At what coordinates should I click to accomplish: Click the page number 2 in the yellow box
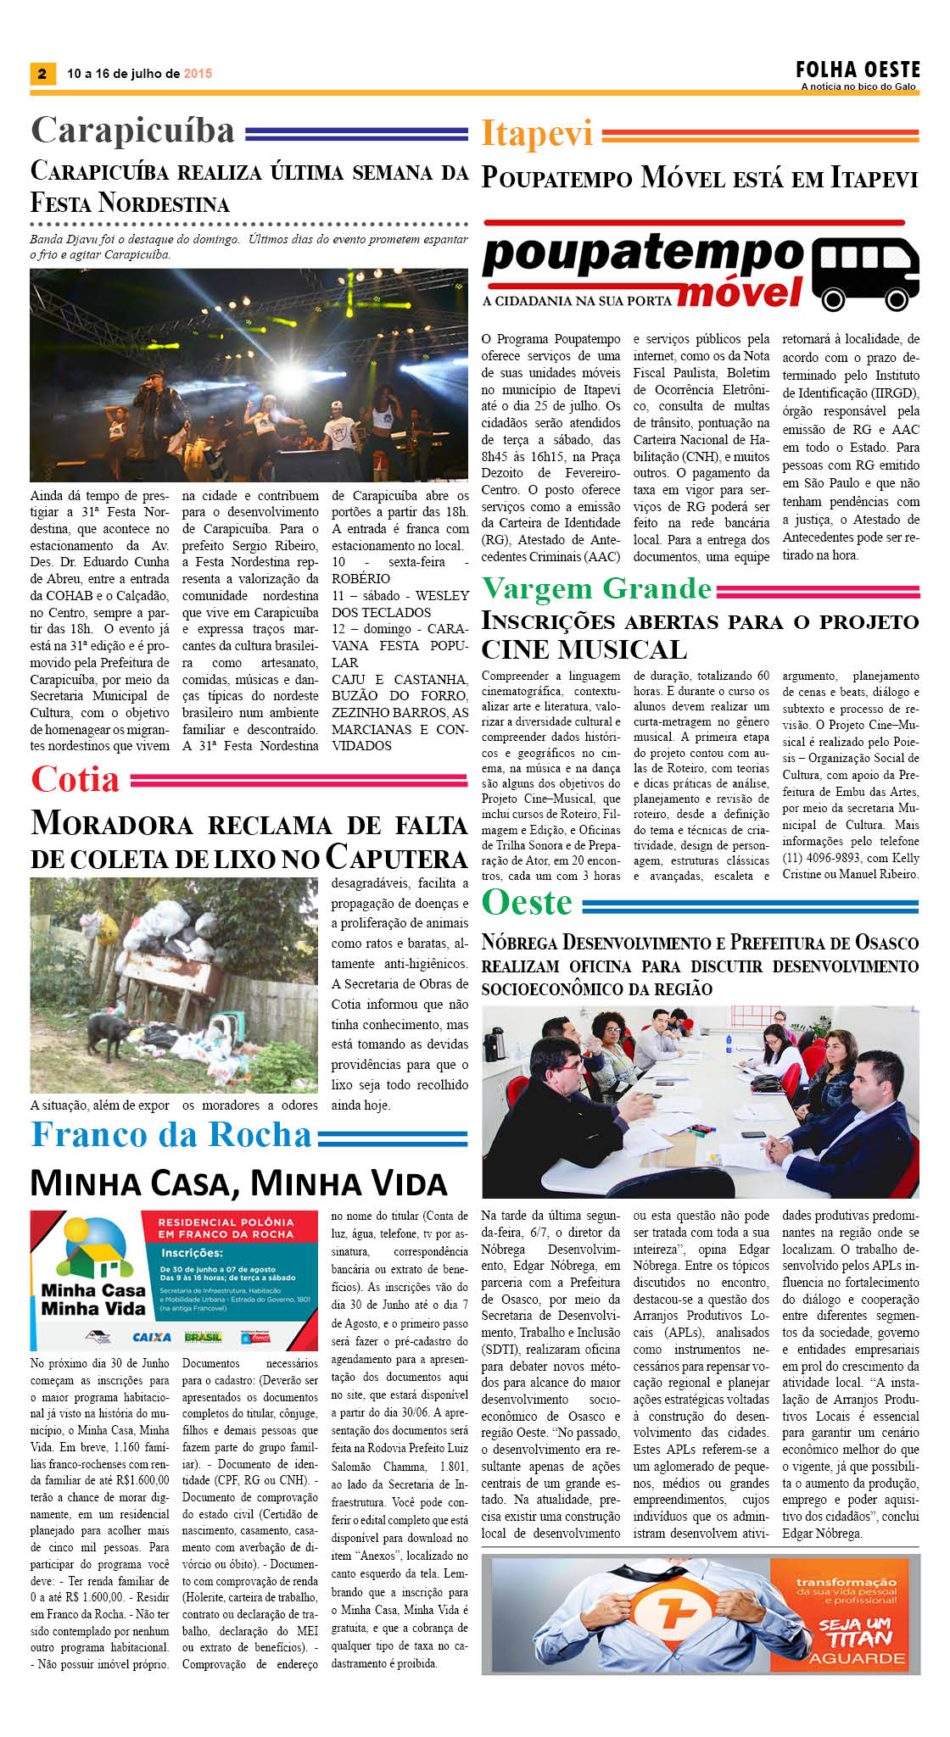(x=42, y=74)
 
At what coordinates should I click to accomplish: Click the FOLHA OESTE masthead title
(x=857, y=70)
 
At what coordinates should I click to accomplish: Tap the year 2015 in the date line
(x=198, y=74)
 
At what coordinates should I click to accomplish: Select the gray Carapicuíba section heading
(x=133, y=131)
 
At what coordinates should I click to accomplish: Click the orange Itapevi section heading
(x=537, y=134)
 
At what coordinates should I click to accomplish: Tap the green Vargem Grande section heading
(x=597, y=588)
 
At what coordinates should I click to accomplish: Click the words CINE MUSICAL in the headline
(x=584, y=650)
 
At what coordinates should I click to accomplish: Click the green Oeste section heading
(x=527, y=902)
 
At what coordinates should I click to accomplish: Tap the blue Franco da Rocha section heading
(x=171, y=1135)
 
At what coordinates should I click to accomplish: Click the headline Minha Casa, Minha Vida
(x=238, y=1183)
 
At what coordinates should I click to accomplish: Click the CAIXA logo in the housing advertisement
(x=152, y=1337)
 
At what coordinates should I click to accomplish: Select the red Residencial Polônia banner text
(x=226, y=1228)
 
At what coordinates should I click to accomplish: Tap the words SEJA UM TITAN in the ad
(x=856, y=1632)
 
